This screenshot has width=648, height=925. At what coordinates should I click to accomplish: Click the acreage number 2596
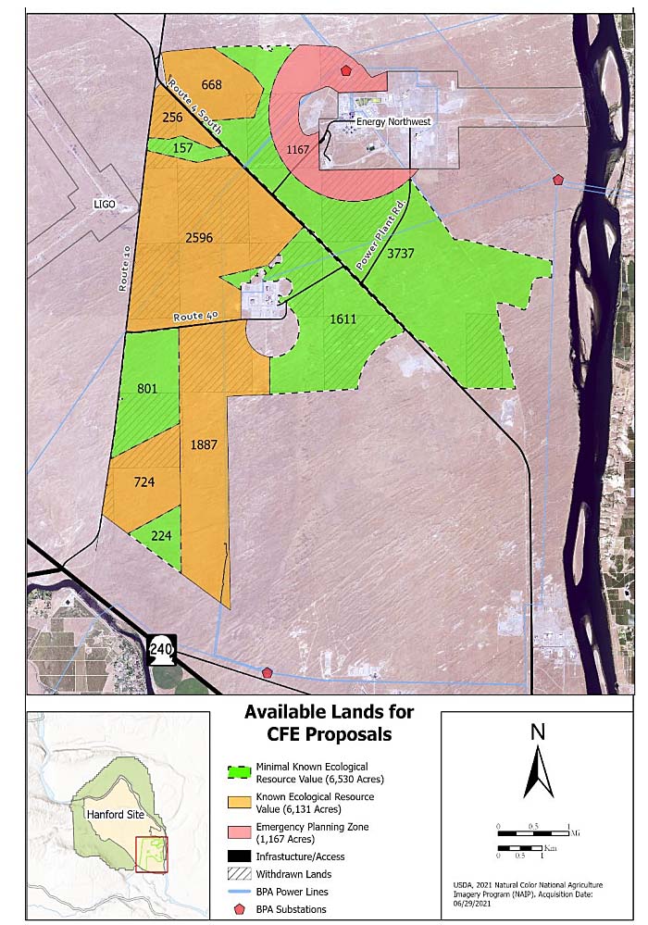pos(199,238)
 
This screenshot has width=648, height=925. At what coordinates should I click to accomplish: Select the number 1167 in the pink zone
pos(298,148)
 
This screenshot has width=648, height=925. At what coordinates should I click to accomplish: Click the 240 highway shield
pos(161,649)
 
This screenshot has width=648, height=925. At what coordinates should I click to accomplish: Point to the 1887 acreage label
pos(204,445)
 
